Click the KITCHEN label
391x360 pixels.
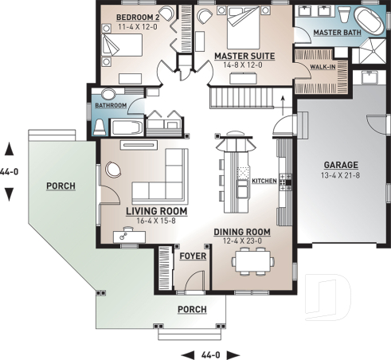tap(264, 182)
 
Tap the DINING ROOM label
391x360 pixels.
tap(242, 233)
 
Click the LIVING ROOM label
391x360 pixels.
tap(156, 212)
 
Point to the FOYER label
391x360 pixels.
tap(192, 257)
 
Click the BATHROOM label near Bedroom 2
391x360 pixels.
tap(111, 105)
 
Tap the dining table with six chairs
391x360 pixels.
tap(252, 260)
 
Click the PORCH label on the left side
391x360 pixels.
tap(61, 186)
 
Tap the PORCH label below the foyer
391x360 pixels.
tap(192, 309)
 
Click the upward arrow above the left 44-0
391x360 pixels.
tap(9, 148)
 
